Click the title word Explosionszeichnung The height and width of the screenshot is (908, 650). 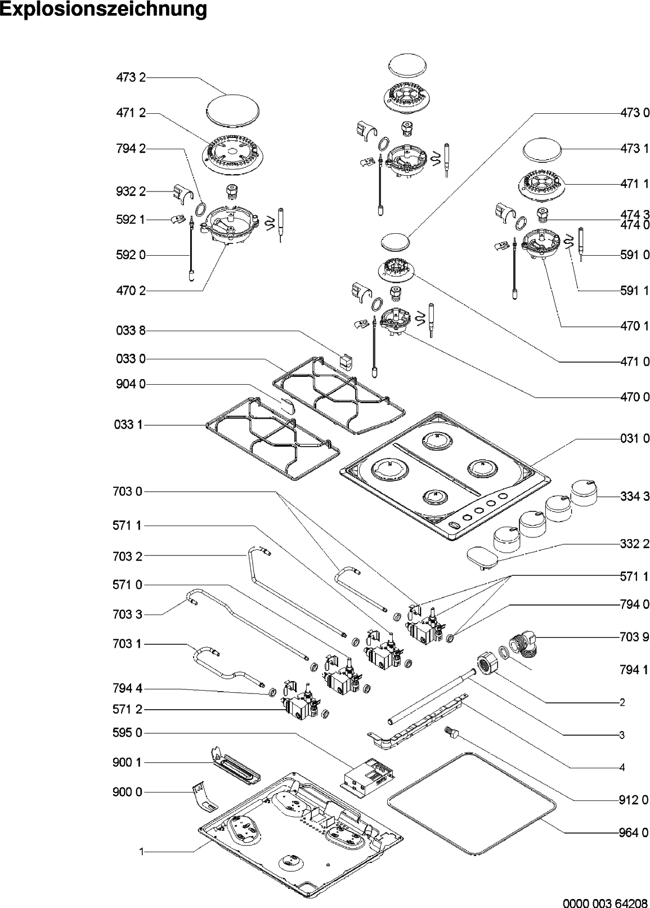coord(103,10)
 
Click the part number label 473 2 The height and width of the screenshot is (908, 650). coord(131,78)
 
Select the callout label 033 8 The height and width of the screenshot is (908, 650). coord(131,331)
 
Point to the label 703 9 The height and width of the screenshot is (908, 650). coord(634,638)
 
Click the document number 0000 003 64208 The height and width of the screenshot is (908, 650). coord(604,898)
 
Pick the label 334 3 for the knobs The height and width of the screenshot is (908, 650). coord(634,496)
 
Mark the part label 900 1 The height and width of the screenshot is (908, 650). coord(128,763)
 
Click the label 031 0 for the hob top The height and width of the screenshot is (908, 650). coord(634,438)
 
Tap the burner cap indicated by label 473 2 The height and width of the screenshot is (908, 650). coord(233,109)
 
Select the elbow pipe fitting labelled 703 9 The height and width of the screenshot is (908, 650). coord(525,646)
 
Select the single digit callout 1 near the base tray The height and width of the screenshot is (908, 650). coord(142,852)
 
